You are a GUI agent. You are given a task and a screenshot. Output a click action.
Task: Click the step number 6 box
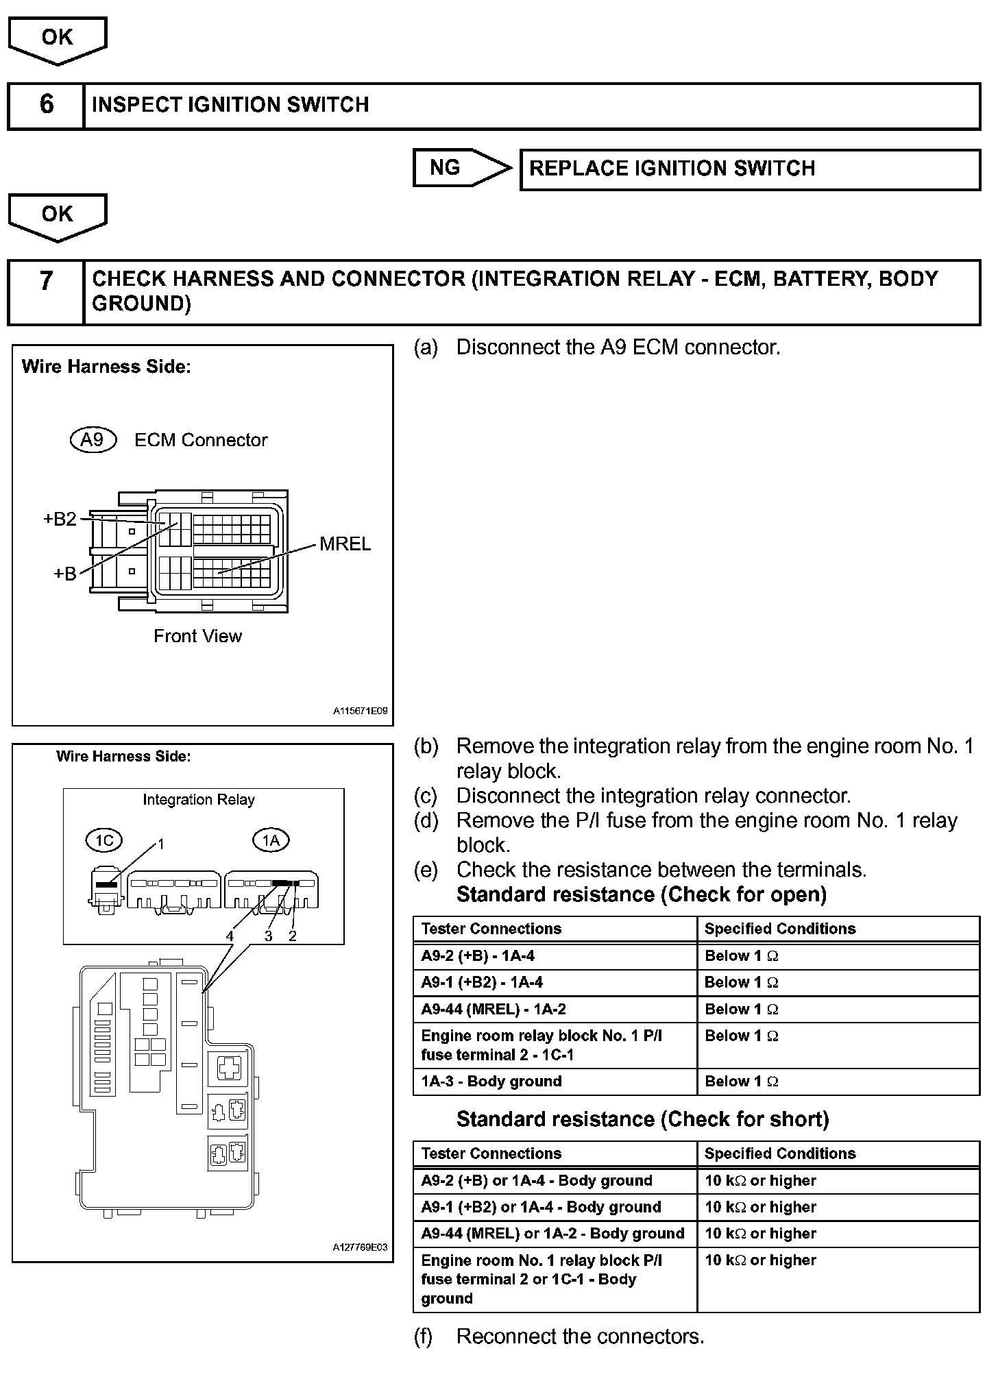pyautogui.click(x=46, y=105)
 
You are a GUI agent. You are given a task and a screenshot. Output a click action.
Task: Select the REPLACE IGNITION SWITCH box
pyautogui.click(x=750, y=169)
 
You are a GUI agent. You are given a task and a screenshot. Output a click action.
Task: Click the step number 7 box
pyautogui.click(x=46, y=291)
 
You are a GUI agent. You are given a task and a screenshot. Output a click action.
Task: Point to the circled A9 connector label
pyautogui.click(x=93, y=439)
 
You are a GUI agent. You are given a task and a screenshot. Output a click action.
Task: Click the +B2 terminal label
pyautogui.click(x=60, y=519)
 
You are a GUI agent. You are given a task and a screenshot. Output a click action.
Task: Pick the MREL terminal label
pyautogui.click(x=345, y=544)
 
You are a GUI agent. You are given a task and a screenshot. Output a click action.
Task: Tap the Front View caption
pyautogui.click(x=197, y=636)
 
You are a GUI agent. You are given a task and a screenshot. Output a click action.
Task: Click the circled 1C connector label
pyautogui.click(x=104, y=840)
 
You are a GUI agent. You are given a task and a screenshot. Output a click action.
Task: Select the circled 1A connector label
pyautogui.click(x=271, y=840)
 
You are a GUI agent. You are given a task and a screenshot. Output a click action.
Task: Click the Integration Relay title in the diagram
pyautogui.click(x=198, y=800)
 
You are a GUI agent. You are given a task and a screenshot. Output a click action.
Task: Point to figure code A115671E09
pyautogui.click(x=360, y=711)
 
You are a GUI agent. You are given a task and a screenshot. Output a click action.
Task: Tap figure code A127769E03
pyautogui.click(x=360, y=1247)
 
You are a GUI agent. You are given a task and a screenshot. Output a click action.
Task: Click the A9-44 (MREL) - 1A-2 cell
pyautogui.click(x=555, y=1010)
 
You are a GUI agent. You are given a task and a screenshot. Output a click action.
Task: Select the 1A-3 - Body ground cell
pyautogui.click(x=555, y=1082)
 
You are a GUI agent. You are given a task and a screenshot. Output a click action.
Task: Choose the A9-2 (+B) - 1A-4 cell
pyautogui.click(x=555, y=956)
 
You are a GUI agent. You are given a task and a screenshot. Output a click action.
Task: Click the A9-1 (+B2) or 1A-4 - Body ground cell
pyautogui.click(x=555, y=1207)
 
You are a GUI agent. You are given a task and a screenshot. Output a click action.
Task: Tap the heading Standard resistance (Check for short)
pyautogui.click(x=642, y=1119)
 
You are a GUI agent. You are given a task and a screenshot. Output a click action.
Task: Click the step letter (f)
pyautogui.click(x=424, y=1337)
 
